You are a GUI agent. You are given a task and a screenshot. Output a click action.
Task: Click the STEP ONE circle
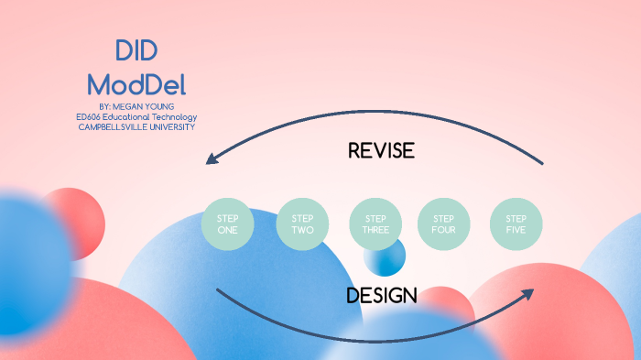tap(227, 224)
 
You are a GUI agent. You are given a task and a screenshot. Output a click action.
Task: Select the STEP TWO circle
tap(302, 224)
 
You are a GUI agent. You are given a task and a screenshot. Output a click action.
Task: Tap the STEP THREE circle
tap(375, 224)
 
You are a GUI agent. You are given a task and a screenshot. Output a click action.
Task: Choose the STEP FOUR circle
tap(443, 224)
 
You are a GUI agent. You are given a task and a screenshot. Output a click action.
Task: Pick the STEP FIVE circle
tap(516, 224)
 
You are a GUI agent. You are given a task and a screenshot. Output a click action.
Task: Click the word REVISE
tap(381, 150)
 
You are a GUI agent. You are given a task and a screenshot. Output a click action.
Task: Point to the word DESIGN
tap(382, 295)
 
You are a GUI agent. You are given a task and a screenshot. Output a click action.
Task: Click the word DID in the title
tap(136, 52)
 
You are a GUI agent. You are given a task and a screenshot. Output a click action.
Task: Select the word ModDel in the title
tap(136, 85)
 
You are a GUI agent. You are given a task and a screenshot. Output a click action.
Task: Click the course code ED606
tap(89, 117)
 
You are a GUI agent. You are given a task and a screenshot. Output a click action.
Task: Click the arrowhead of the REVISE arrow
tap(211, 159)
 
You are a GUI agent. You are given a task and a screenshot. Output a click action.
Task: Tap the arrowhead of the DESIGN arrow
tap(530, 294)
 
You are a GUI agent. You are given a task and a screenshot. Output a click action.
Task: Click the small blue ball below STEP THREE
tap(385, 257)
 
